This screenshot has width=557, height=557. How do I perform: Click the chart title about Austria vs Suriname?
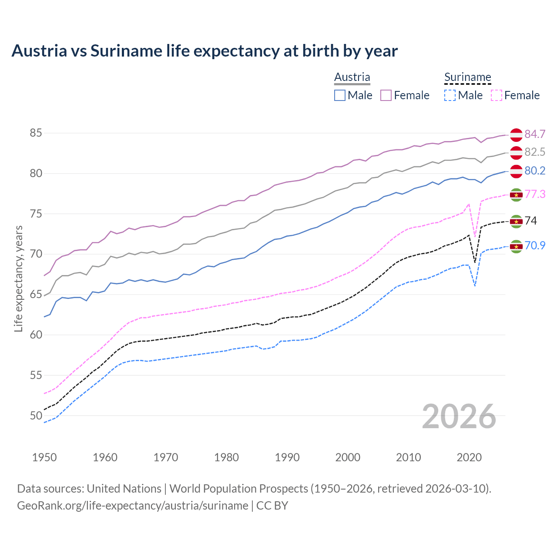205,51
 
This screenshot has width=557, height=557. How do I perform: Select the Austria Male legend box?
340,95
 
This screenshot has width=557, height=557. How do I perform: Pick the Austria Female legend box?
386,95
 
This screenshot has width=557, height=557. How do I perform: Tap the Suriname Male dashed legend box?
450,95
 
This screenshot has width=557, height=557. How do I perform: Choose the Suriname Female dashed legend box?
496,95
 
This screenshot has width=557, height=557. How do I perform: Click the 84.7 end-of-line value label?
535,134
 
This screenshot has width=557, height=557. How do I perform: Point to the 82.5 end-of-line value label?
535,152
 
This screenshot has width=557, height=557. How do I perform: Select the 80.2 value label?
535,171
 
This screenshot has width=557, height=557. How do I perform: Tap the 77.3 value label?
535,194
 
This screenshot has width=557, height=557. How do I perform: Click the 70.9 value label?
535,245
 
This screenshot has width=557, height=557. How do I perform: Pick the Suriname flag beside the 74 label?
516,221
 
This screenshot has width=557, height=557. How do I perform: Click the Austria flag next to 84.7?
516,135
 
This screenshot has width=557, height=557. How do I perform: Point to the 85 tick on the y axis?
36,133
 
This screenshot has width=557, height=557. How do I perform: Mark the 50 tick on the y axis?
36,416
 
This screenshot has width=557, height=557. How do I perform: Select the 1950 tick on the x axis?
44,457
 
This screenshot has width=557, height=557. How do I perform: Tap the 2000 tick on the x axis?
348,457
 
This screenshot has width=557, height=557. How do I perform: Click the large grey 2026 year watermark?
459,416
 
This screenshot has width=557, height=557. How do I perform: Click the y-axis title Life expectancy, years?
19,278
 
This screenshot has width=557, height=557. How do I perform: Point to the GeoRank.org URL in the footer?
133,506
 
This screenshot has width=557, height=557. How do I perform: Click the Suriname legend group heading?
467,77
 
